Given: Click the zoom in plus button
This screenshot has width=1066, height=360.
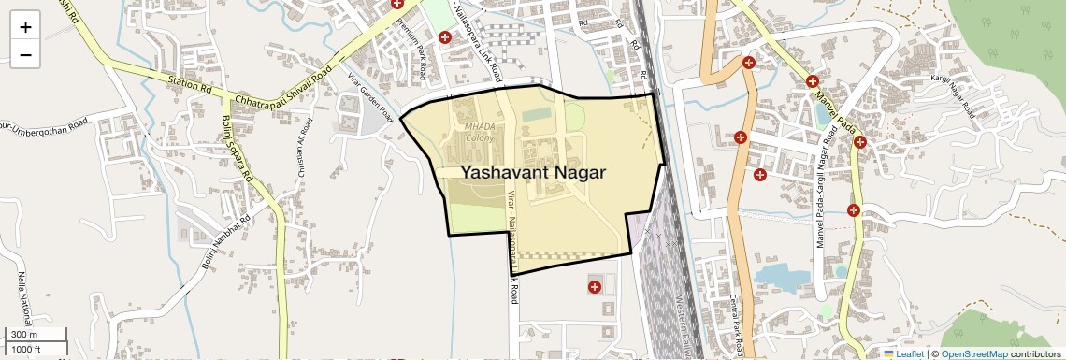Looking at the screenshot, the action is coord(25,26).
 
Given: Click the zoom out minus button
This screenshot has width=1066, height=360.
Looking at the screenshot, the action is coord(25,54).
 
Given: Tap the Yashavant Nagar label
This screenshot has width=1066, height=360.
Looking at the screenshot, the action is coord(533,172).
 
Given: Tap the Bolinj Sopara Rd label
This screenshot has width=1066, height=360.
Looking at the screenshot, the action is coord(238,148).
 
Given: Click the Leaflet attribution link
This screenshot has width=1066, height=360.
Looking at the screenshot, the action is coord(909,353).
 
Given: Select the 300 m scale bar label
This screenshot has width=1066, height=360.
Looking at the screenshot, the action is coord(24,335).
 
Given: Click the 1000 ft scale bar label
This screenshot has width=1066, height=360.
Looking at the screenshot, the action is coord(26,349).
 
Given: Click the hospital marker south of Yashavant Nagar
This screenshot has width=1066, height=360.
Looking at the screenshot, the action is coord(594,286).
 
